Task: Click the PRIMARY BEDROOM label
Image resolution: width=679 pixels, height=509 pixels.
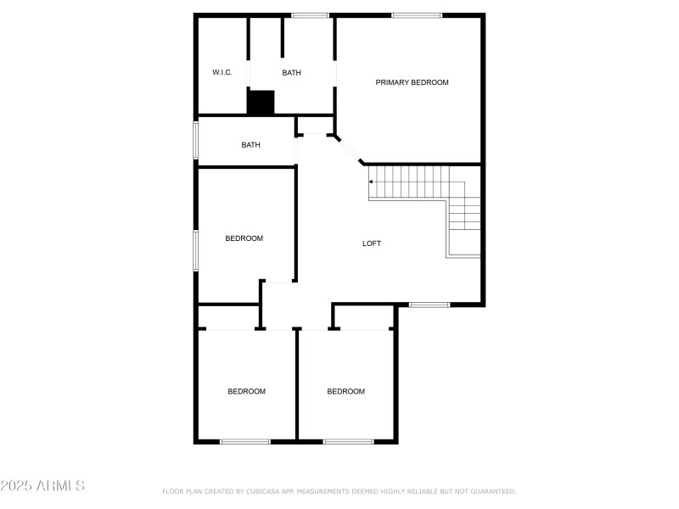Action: coord(412,82)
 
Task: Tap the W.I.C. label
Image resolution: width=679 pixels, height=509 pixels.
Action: coord(222,73)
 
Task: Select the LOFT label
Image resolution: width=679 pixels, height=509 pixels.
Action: coord(372,243)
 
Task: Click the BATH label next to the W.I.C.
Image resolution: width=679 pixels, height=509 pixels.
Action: coord(291,73)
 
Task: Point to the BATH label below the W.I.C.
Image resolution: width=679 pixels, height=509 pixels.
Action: coord(250,145)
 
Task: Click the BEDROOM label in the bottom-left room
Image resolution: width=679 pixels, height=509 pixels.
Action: coord(246,391)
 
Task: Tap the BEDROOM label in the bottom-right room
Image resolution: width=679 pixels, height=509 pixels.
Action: coord(346,391)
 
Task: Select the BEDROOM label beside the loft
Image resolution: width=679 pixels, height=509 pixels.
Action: coord(244,238)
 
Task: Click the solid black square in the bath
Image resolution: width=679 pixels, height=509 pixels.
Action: coord(261,103)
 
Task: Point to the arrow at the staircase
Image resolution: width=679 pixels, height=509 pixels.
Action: coord(371,181)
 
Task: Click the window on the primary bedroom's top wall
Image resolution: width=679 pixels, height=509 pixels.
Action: coord(416,15)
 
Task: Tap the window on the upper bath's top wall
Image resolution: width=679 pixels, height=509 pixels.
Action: coord(310,15)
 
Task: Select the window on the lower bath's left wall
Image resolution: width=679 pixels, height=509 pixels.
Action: coord(196,141)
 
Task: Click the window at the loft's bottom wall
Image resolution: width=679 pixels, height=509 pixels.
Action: coord(429,305)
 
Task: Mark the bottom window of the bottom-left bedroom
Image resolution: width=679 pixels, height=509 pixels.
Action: coord(245,441)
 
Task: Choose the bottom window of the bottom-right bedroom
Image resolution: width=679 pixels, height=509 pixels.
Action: coord(348,441)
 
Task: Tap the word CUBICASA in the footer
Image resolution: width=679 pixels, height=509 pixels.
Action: coord(262,491)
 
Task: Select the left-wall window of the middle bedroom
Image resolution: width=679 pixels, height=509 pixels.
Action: coord(196,250)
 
